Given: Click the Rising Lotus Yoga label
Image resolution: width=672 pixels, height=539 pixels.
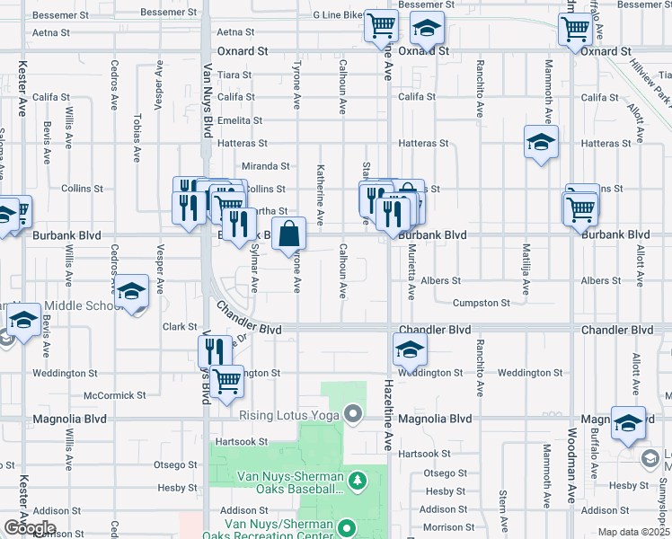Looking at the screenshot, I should click(289, 415).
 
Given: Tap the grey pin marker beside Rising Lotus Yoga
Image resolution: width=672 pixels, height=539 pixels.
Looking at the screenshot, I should click(353, 414).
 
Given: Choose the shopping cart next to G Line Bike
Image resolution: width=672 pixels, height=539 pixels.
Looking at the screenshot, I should click(381, 25).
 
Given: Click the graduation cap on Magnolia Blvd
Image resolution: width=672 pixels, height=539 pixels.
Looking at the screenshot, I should click(628, 422).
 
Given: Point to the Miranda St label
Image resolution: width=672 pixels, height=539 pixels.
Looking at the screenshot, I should click(267, 166).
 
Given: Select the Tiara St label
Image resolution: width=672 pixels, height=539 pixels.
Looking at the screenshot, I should click(234, 75).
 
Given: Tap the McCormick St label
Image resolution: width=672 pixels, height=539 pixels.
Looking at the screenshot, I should click(114, 395).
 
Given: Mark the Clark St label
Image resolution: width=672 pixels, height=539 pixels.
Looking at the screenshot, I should click(180, 327).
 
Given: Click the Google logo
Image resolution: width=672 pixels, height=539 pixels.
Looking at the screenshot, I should click(29, 527).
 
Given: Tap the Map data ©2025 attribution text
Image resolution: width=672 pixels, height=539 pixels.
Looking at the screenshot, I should click(633, 532).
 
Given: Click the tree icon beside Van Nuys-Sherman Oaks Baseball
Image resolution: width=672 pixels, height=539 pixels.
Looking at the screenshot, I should click(358, 481).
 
